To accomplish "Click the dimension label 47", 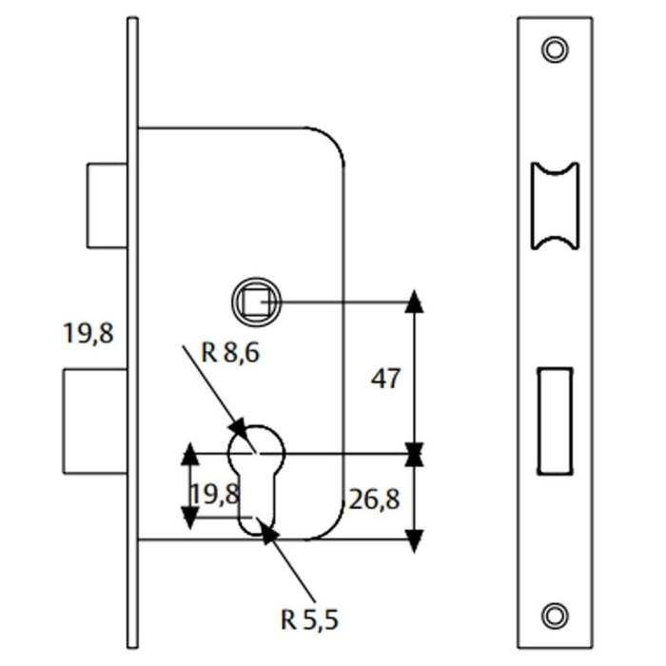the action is coord(385,379).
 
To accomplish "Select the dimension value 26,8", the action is coord(374,499).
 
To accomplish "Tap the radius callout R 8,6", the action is coord(230,353).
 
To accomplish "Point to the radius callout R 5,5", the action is coord(309,619).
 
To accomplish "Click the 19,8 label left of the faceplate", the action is coord(88,333).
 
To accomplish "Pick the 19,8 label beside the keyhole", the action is coord(215,494).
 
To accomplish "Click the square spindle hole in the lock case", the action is coord(256,302).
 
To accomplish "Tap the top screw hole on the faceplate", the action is coord(555,49).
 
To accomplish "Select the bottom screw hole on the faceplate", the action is coord(555,616).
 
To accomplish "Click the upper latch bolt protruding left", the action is coord(107,206).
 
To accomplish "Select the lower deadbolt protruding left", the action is coord(95,421).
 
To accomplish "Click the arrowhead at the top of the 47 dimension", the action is coord(414,302).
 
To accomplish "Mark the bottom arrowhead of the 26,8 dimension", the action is coord(414,540).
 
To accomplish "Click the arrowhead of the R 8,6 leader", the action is coord(239,430).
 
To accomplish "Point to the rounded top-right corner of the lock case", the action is coord(330,139).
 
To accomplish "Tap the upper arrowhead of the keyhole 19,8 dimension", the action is coord(190,454).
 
